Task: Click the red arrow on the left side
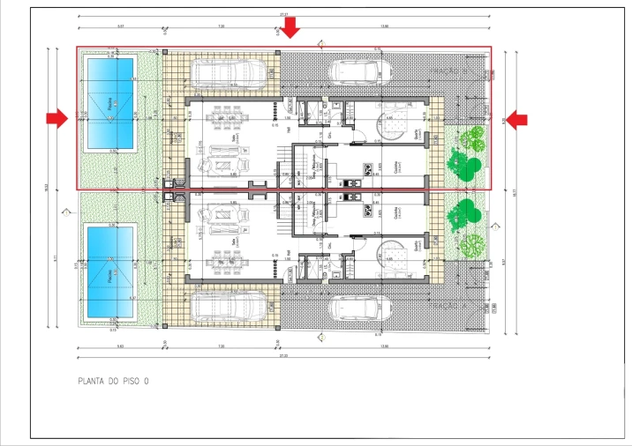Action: [57, 117]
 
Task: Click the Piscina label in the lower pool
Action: [109, 274]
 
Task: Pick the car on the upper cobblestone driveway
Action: [361, 70]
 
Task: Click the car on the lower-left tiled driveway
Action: [230, 305]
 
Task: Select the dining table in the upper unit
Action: [231, 115]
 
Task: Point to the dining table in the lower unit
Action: [231, 262]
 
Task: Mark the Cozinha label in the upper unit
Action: [395, 166]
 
